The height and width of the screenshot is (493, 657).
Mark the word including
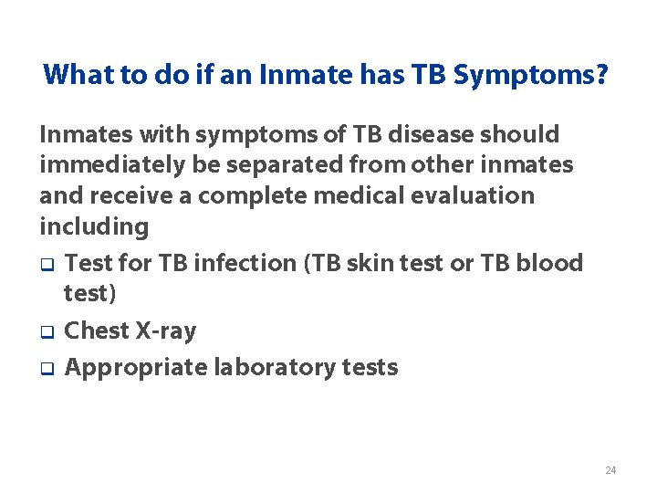[x=94, y=226]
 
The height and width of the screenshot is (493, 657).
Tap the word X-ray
[x=166, y=330]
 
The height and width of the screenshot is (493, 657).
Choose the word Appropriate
[x=136, y=367]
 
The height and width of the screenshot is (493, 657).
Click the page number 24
[x=610, y=470]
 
